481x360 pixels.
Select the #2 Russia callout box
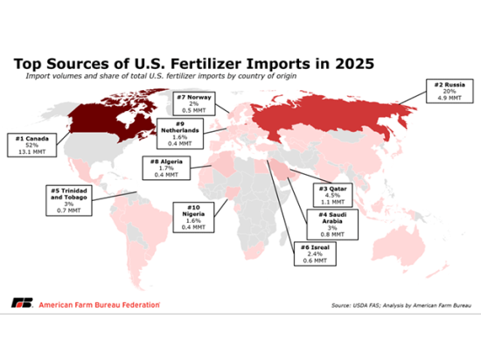click(443, 91)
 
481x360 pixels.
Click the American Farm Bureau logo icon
click(19, 304)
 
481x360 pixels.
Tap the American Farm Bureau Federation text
click(96, 304)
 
